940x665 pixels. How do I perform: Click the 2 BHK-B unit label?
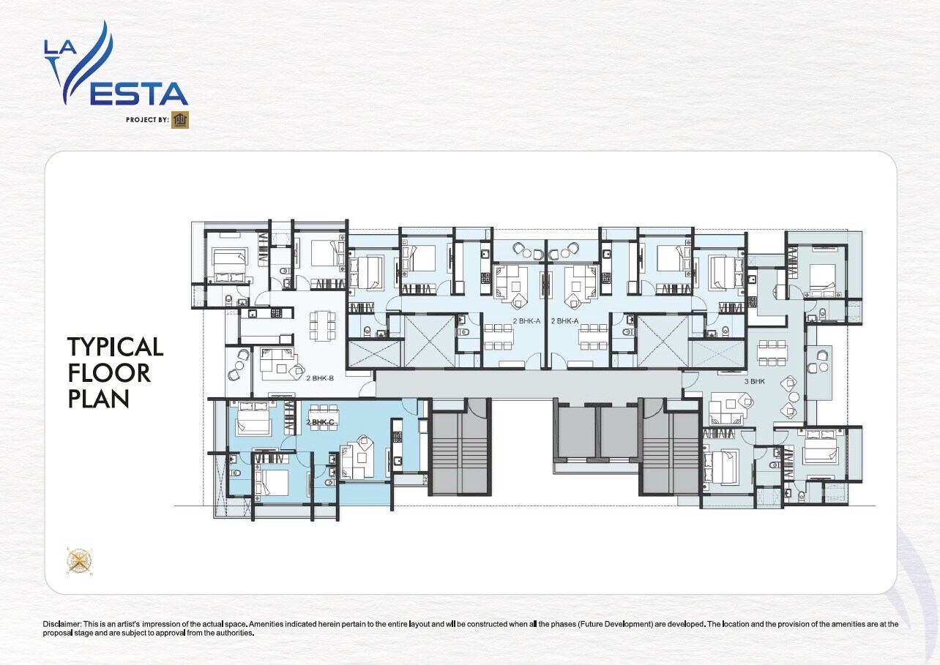pyautogui.click(x=320, y=378)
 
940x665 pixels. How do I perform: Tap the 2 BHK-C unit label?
pyautogui.click(x=320, y=422)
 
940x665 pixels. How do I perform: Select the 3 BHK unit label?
pyautogui.click(x=755, y=382)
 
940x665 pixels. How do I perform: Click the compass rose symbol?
pyautogui.click(x=80, y=560)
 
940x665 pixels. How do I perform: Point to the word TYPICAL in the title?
pyautogui.click(x=116, y=347)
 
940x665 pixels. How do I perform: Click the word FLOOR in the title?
pyautogui.click(x=108, y=373)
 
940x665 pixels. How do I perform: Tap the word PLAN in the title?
pyautogui.click(x=98, y=398)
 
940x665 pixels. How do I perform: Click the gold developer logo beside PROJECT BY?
pyautogui.click(x=180, y=120)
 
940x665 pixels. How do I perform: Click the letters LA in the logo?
pyautogui.click(x=61, y=48)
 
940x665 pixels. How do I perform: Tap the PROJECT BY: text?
pyautogui.click(x=147, y=120)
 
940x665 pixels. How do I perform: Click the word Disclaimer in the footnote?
pyautogui.click(x=62, y=624)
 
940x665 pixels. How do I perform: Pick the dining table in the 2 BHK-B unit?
pyautogui.click(x=322, y=326)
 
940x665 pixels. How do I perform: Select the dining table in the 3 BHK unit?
pyautogui.click(x=772, y=353)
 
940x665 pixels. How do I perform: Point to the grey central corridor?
pyautogui.click(x=529, y=384)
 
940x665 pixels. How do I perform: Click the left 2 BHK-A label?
pyautogui.click(x=526, y=321)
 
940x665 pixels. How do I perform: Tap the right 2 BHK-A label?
pyautogui.click(x=565, y=321)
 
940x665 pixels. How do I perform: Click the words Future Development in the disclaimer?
pyautogui.click(x=616, y=624)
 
